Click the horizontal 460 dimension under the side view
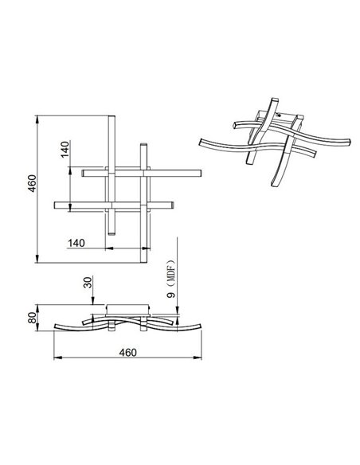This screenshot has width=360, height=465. pos(127,352)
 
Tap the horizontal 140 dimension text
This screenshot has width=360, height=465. pos(76,242)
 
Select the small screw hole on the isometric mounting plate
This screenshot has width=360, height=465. pos(278,114)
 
